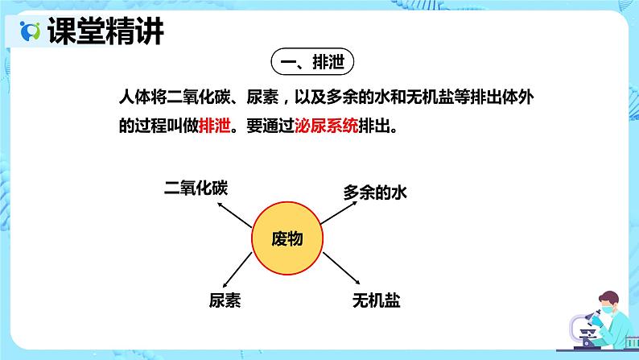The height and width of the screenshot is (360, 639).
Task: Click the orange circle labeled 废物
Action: coord(287,238)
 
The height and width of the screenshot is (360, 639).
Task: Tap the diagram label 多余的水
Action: coord(376,192)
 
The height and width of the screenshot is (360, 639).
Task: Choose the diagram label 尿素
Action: coord(225,301)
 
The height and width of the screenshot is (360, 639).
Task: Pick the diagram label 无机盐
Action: coord(376,301)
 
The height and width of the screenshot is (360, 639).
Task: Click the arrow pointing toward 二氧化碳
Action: coord(236,212)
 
